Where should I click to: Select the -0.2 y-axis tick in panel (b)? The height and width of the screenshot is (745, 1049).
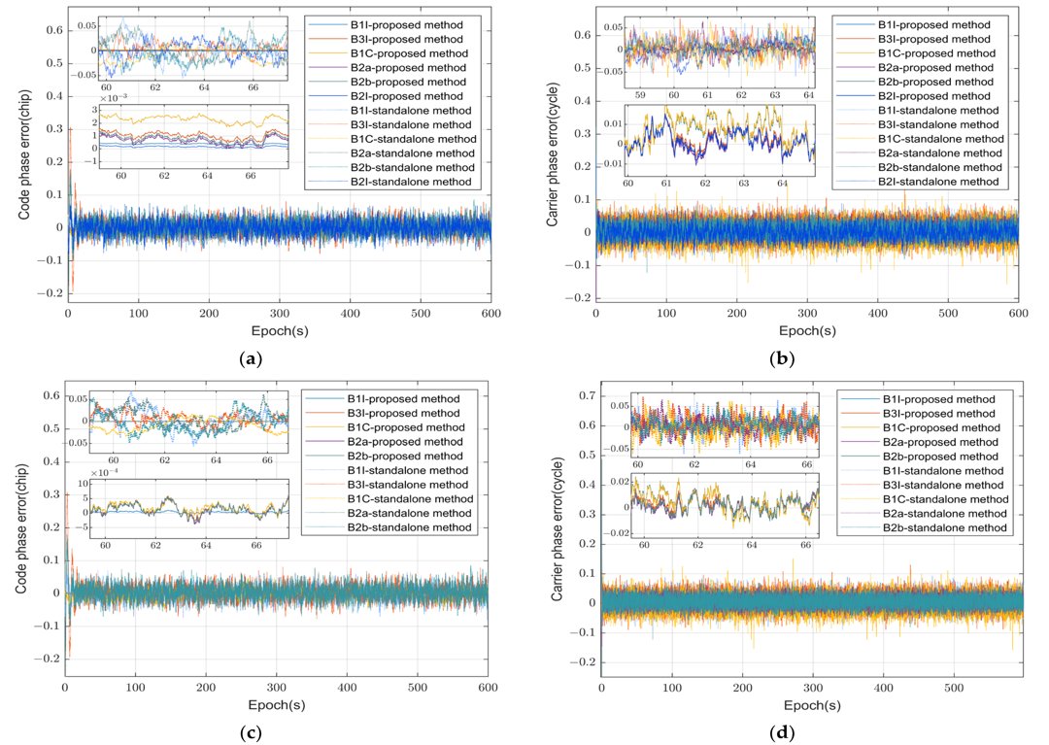(578, 296)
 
